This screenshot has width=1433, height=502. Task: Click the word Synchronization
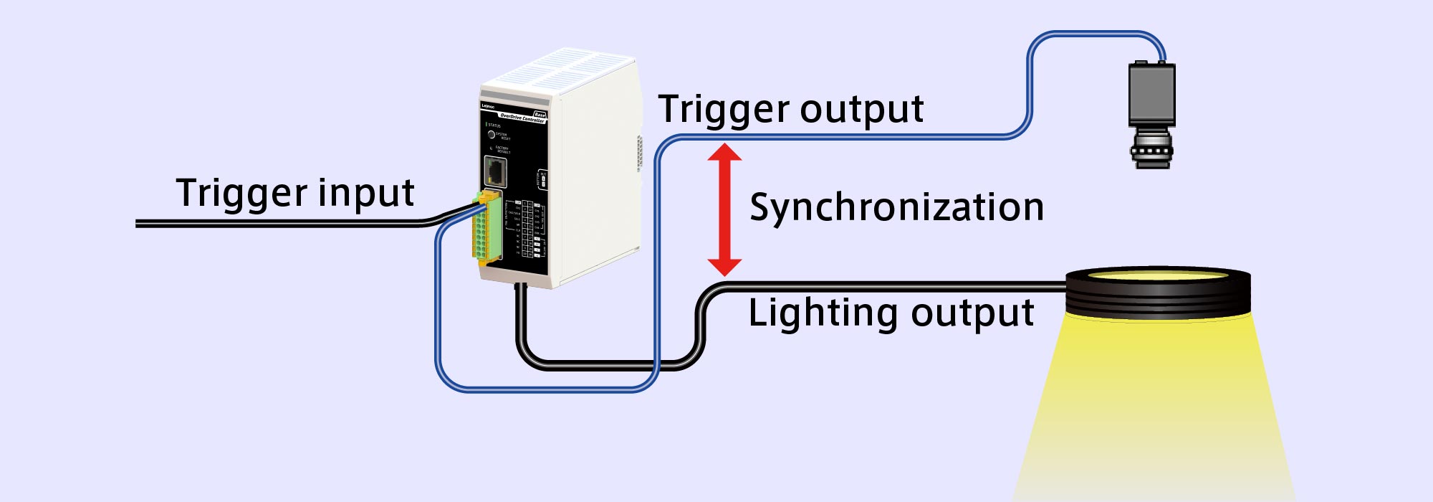click(896, 208)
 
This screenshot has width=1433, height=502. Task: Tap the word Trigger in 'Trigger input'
click(241, 194)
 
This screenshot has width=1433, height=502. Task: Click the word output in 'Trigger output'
click(861, 109)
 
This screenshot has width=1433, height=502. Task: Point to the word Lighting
click(822, 313)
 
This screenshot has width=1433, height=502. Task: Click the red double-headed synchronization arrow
click(724, 209)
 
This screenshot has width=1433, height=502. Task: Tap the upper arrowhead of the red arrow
click(724, 152)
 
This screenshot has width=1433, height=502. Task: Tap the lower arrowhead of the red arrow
click(724, 267)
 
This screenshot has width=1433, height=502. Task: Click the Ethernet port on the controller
click(495, 171)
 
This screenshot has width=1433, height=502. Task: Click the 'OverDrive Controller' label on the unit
click(522, 117)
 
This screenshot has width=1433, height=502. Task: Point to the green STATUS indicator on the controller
click(487, 125)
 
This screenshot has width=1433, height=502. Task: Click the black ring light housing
click(1158, 294)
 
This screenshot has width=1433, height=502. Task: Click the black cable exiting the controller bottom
click(522, 323)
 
